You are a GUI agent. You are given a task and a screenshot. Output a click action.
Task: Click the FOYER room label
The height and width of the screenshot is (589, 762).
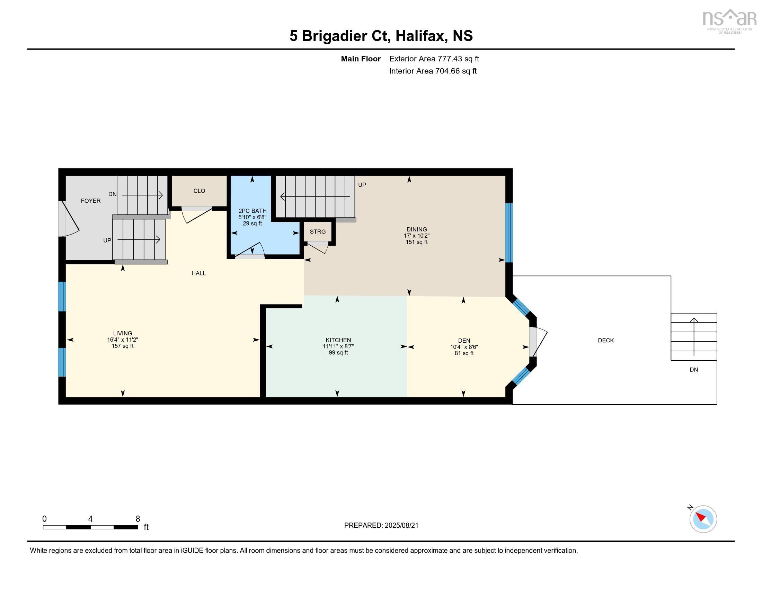coord(91,201)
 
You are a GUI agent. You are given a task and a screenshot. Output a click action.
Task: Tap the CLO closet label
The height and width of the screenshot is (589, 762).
coord(199,191)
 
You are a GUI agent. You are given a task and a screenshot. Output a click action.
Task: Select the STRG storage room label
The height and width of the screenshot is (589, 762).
coord(318,232)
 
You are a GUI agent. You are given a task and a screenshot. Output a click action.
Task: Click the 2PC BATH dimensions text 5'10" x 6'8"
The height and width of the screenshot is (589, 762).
coord(252,217)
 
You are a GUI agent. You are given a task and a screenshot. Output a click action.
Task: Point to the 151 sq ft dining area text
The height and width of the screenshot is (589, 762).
coord(417,242)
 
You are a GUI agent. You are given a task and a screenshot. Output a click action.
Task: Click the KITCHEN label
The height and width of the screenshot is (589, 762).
coord(338,340)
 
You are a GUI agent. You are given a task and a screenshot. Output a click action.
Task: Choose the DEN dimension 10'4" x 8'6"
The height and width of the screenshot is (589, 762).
coord(464,347)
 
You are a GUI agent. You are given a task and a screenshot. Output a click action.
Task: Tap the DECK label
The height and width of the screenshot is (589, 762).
coord(606,340)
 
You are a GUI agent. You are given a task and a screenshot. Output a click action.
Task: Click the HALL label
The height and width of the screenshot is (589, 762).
coord(198,273)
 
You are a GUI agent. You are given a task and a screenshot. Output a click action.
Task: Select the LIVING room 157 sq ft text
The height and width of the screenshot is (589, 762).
coord(123,346)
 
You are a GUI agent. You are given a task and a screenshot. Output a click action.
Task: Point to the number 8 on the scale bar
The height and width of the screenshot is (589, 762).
coord(138,519)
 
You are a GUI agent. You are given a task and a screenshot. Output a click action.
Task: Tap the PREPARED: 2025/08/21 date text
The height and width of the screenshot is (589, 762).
coord(381,526)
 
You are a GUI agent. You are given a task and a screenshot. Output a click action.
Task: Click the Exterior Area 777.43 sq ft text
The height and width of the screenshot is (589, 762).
coord(434,59)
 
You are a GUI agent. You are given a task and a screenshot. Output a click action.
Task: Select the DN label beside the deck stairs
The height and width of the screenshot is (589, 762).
coord(694,370)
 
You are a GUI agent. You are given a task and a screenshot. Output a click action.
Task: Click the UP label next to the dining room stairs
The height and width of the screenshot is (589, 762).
coord(362,185)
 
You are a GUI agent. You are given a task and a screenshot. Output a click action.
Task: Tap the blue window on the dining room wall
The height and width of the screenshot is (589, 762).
coord(509,232)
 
